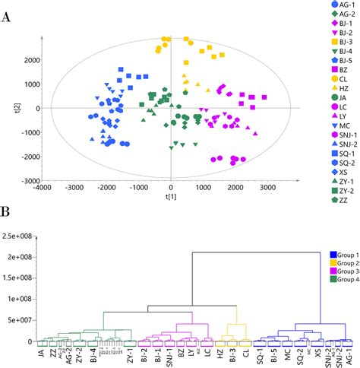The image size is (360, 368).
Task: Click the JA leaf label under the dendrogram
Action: pos(40,354)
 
